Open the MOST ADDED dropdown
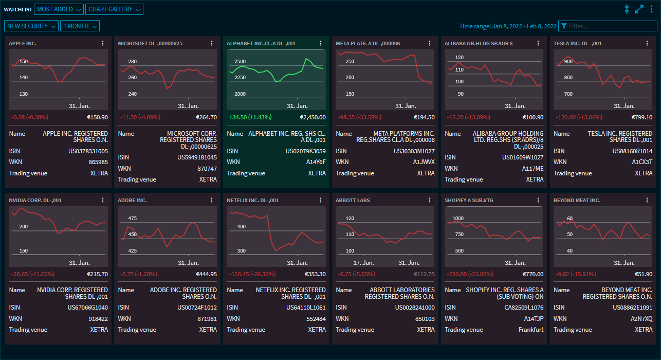coord(59,9)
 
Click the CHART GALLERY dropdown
coord(115,9)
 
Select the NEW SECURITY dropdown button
coord(31,26)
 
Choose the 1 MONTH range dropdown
coord(80,26)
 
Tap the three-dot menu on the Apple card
coord(103,43)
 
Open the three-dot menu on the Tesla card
coord(648,43)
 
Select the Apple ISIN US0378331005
coord(88,151)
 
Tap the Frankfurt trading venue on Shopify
coord(531,330)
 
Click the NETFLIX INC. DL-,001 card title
coord(252,200)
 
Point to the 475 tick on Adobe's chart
coord(133,218)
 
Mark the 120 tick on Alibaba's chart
coord(460,58)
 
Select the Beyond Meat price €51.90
coord(643,274)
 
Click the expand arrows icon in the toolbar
coord(639,9)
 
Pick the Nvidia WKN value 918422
coord(98,319)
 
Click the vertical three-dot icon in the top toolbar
coord(651,9)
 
